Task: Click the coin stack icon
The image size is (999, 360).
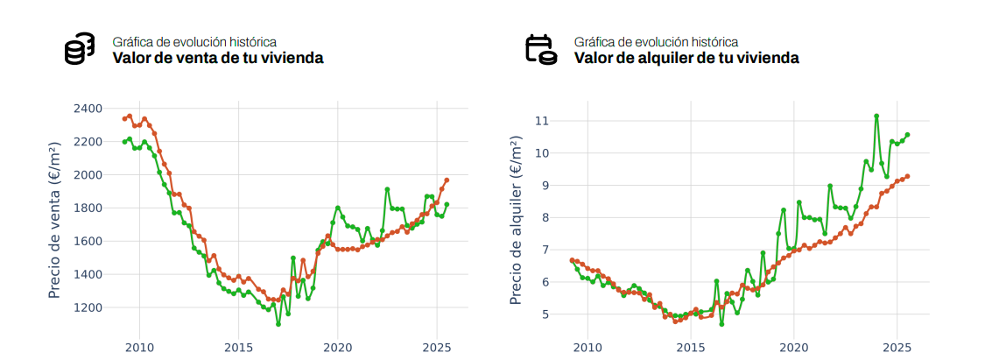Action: click(x=80, y=49)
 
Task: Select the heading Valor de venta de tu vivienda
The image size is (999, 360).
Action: click(x=218, y=59)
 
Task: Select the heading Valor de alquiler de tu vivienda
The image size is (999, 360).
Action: click(x=686, y=59)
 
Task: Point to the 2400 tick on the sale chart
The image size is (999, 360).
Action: click(x=88, y=109)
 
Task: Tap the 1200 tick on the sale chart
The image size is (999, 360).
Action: click(x=88, y=307)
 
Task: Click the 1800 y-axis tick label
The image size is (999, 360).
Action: click(x=88, y=208)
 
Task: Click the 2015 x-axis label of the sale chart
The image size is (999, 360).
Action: click(x=238, y=348)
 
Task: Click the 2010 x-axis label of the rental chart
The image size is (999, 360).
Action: click(x=587, y=348)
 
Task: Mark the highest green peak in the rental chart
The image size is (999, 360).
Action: click(x=876, y=116)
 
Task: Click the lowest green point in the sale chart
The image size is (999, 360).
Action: click(x=278, y=324)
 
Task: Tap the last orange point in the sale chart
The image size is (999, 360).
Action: click(x=447, y=180)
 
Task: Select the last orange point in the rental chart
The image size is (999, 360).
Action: click(x=907, y=176)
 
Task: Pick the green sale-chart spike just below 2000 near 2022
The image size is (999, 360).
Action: click(x=387, y=189)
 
